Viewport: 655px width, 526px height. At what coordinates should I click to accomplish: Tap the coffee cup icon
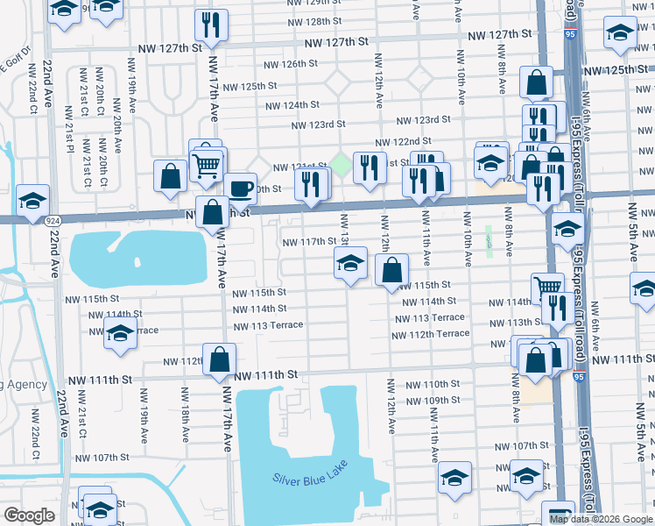point(240,188)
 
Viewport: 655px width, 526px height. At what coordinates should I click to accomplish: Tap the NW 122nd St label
point(404,141)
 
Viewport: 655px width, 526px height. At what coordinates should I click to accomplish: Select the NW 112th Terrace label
point(430,334)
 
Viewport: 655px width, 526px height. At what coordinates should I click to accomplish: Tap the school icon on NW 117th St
point(350,262)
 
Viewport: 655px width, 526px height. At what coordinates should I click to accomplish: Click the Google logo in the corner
point(29,515)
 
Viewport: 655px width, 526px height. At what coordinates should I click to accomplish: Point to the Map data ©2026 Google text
point(601,519)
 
